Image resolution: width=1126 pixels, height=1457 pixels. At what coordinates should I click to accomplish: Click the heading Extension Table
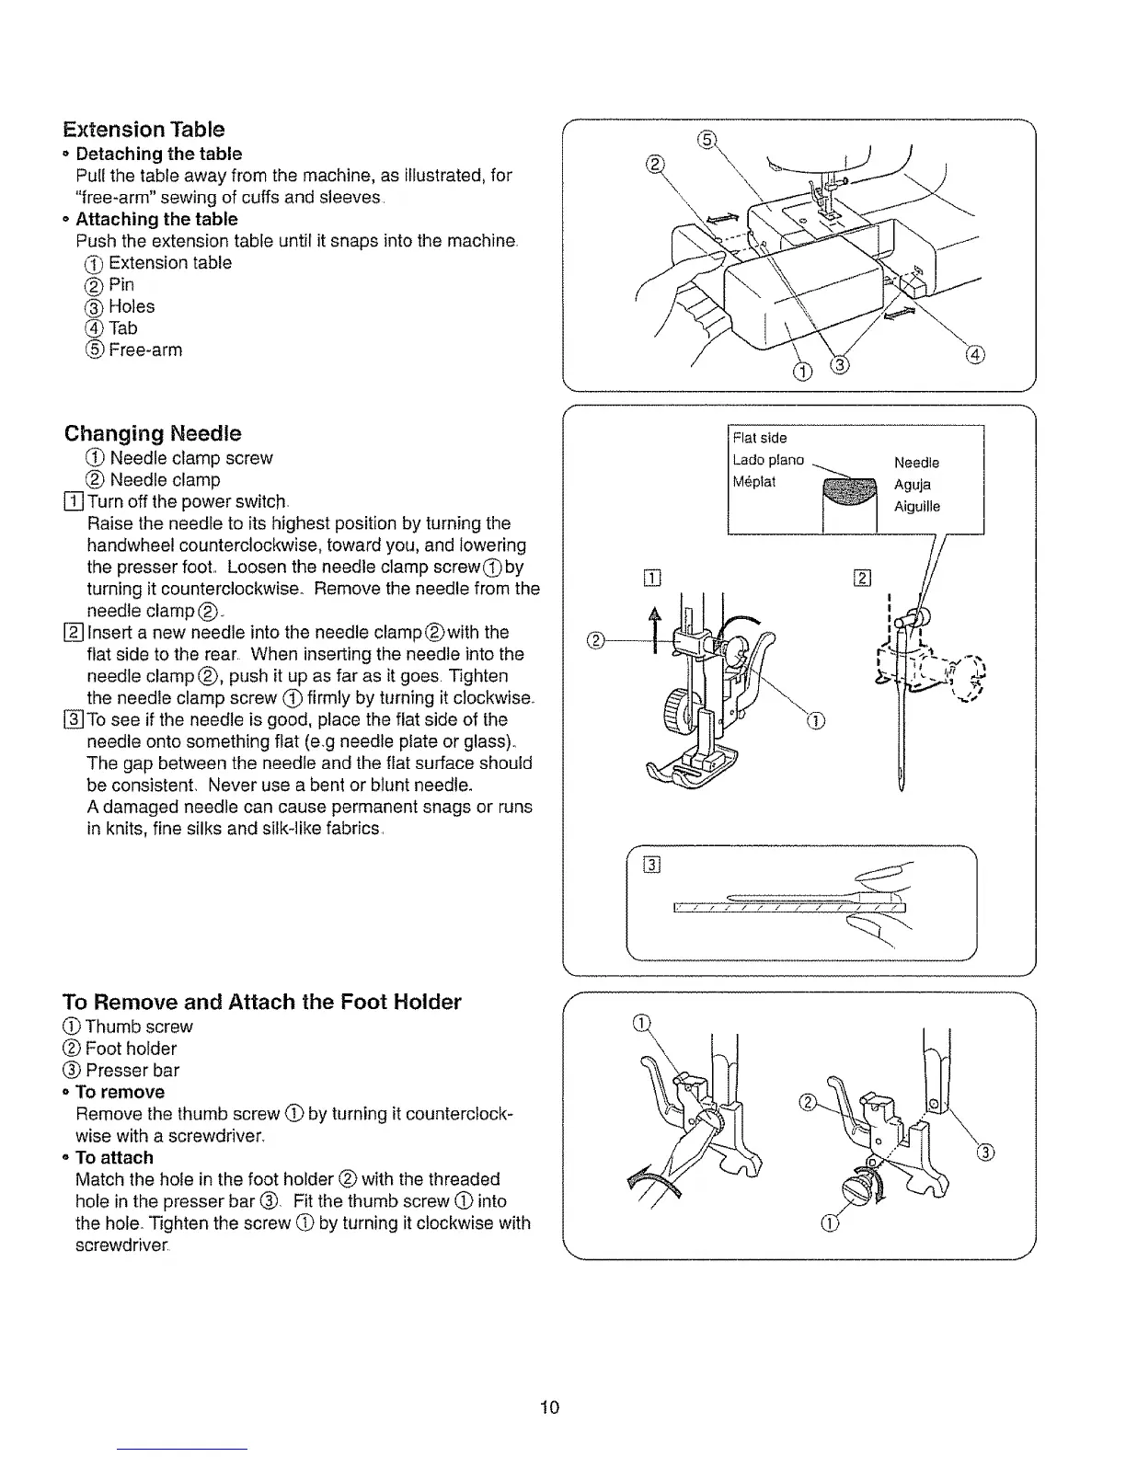(x=144, y=129)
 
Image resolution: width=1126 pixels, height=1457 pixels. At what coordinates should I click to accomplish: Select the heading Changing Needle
(x=153, y=433)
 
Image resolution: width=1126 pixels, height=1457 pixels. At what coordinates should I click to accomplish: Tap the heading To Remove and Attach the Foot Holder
(x=261, y=1002)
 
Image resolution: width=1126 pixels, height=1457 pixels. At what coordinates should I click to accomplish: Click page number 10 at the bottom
(x=550, y=1406)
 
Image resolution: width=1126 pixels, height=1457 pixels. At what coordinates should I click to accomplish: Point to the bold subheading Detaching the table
(x=158, y=154)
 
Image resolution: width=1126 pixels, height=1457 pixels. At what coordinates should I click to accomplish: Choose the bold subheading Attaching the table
(x=156, y=219)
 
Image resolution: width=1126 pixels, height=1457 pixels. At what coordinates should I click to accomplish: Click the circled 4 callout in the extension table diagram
(x=976, y=355)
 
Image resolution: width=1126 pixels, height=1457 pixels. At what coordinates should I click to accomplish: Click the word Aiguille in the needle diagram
(x=917, y=506)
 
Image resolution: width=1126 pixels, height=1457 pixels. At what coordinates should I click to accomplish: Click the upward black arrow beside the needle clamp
(x=656, y=627)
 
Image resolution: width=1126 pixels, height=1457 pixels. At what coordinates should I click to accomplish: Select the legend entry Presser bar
(x=132, y=1070)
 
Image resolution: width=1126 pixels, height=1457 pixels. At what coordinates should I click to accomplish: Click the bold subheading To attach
(x=114, y=1157)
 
